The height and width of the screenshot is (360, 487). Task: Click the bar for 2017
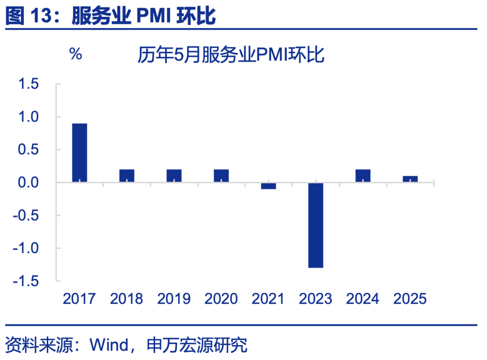pyautogui.click(x=79, y=153)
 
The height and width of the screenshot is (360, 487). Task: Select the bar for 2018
pyautogui.click(x=127, y=176)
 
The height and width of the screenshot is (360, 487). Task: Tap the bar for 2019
pyautogui.click(x=174, y=176)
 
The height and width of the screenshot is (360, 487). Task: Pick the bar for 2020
pyautogui.click(x=221, y=176)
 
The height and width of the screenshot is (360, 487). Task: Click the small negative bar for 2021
pyautogui.click(x=268, y=186)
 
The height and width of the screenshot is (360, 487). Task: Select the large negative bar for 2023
pyautogui.click(x=316, y=225)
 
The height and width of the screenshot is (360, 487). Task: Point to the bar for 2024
pyautogui.click(x=363, y=176)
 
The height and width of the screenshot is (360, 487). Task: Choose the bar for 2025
pyautogui.click(x=410, y=179)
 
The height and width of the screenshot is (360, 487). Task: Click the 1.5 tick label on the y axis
pyautogui.click(x=28, y=84)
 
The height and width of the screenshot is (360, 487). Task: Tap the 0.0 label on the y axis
pyautogui.click(x=28, y=183)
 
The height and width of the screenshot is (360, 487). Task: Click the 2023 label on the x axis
pyautogui.click(x=316, y=299)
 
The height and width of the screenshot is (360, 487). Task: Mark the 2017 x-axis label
pyautogui.click(x=79, y=299)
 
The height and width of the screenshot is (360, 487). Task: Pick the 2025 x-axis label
pyautogui.click(x=410, y=299)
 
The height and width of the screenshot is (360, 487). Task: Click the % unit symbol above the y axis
pyautogui.click(x=75, y=55)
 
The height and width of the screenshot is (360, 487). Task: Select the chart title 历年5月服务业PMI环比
pyautogui.click(x=231, y=56)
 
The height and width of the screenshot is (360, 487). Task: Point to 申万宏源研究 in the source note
pyautogui.click(x=197, y=346)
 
